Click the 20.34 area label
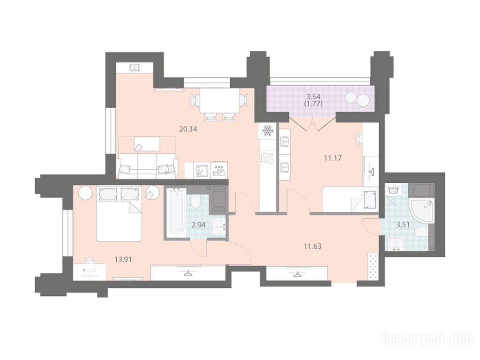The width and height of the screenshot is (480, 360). click(188, 129)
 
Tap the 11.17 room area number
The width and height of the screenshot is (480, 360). click(333, 158)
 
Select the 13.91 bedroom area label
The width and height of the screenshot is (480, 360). click(123, 260)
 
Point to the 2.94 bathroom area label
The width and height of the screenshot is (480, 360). click(198, 225)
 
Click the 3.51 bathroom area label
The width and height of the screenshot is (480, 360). click(403, 225)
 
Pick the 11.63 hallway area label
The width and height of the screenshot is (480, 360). click(312, 246)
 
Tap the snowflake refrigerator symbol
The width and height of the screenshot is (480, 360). click(268, 132)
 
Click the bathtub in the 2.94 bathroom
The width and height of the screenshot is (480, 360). click(176, 213)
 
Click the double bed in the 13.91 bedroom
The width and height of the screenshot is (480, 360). click(119, 213)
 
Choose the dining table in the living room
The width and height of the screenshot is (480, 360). click(219, 101)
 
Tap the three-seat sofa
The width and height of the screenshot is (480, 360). click(147, 166)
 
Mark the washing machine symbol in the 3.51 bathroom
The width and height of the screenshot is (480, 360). click(393, 190)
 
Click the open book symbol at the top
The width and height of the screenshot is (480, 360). click(135, 67)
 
